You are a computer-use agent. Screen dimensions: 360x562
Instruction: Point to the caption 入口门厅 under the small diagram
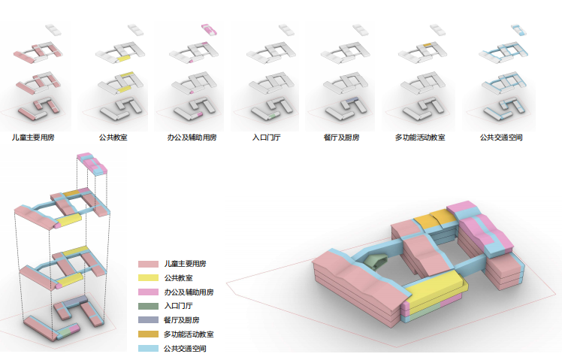266,138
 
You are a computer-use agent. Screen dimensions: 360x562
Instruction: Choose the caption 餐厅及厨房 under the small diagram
342,138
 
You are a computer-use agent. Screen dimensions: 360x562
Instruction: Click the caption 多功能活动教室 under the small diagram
420,138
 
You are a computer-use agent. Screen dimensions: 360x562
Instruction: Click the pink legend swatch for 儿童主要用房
148,265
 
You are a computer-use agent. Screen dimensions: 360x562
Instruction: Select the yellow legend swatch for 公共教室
148,278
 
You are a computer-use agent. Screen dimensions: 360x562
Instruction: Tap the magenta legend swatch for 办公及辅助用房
148,292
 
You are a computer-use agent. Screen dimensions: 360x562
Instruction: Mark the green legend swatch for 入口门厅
148,307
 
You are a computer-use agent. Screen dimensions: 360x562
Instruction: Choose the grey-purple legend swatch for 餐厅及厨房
148,320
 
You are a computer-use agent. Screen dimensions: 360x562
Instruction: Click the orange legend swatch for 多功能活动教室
148,334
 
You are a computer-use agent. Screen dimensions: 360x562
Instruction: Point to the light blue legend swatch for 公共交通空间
148,349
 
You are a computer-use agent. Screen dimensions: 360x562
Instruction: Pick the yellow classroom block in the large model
431,286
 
